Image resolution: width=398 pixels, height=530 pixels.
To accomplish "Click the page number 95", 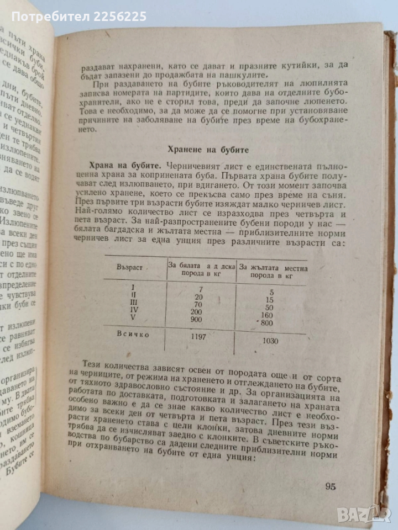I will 330,486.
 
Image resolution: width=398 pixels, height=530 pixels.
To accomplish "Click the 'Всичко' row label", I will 133,333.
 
